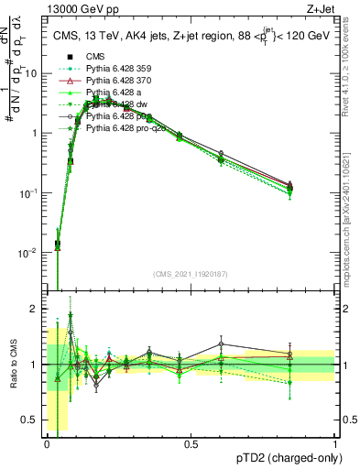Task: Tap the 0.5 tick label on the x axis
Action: click(x=191, y=444)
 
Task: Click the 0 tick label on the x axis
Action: click(x=48, y=444)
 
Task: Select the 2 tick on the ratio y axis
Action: click(x=37, y=309)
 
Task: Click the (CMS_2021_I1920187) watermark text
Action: click(x=191, y=274)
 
